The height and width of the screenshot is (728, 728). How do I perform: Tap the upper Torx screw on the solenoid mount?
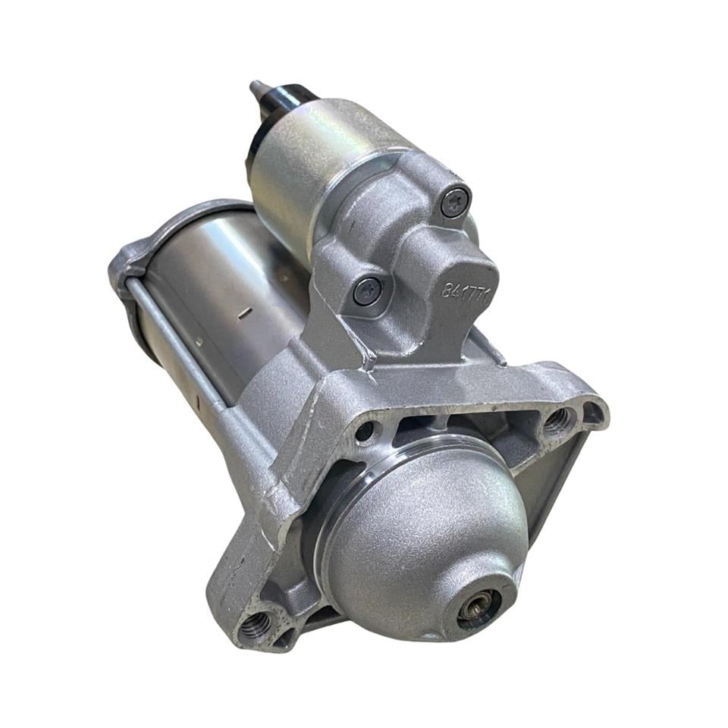(x=454, y=202)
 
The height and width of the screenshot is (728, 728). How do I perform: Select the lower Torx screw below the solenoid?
(x=367, y=291)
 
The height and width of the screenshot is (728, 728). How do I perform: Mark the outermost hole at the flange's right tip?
(x=591, y=414)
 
